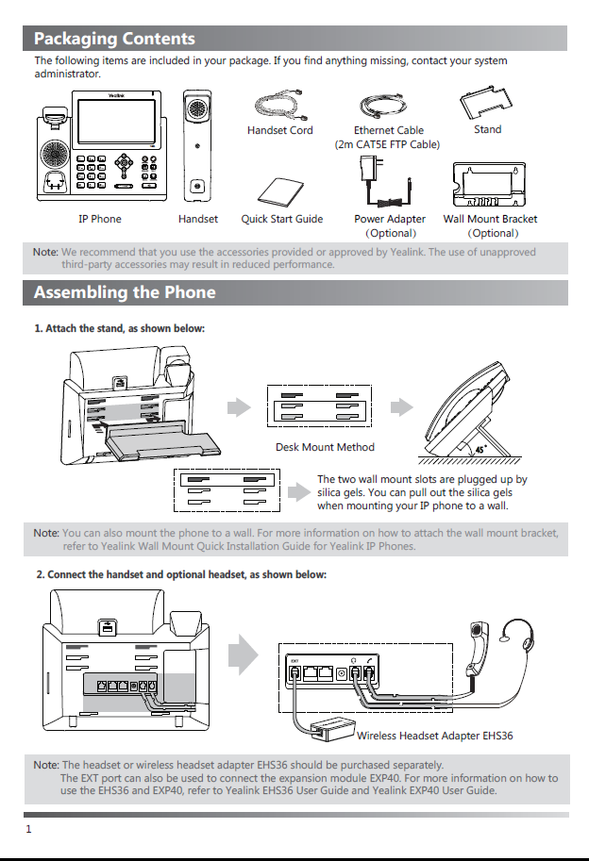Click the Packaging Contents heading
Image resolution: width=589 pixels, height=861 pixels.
[114, 39]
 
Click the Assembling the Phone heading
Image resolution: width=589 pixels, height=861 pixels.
[125, 292]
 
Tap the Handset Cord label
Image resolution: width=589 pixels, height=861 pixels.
[279, 130]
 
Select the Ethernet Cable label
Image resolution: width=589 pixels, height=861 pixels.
[388, 130]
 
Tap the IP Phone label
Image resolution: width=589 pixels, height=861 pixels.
[99, 219]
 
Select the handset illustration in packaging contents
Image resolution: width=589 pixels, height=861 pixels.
[197, 146]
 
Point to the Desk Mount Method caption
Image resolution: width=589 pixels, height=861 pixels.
[325, 447]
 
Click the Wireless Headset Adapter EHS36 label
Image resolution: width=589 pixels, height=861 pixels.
[434, 735]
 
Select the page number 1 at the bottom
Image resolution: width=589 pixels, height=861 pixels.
[28, 830]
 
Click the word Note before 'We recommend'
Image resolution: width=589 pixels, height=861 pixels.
[45, 252]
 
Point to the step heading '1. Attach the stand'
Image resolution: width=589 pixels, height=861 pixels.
[119, 328]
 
